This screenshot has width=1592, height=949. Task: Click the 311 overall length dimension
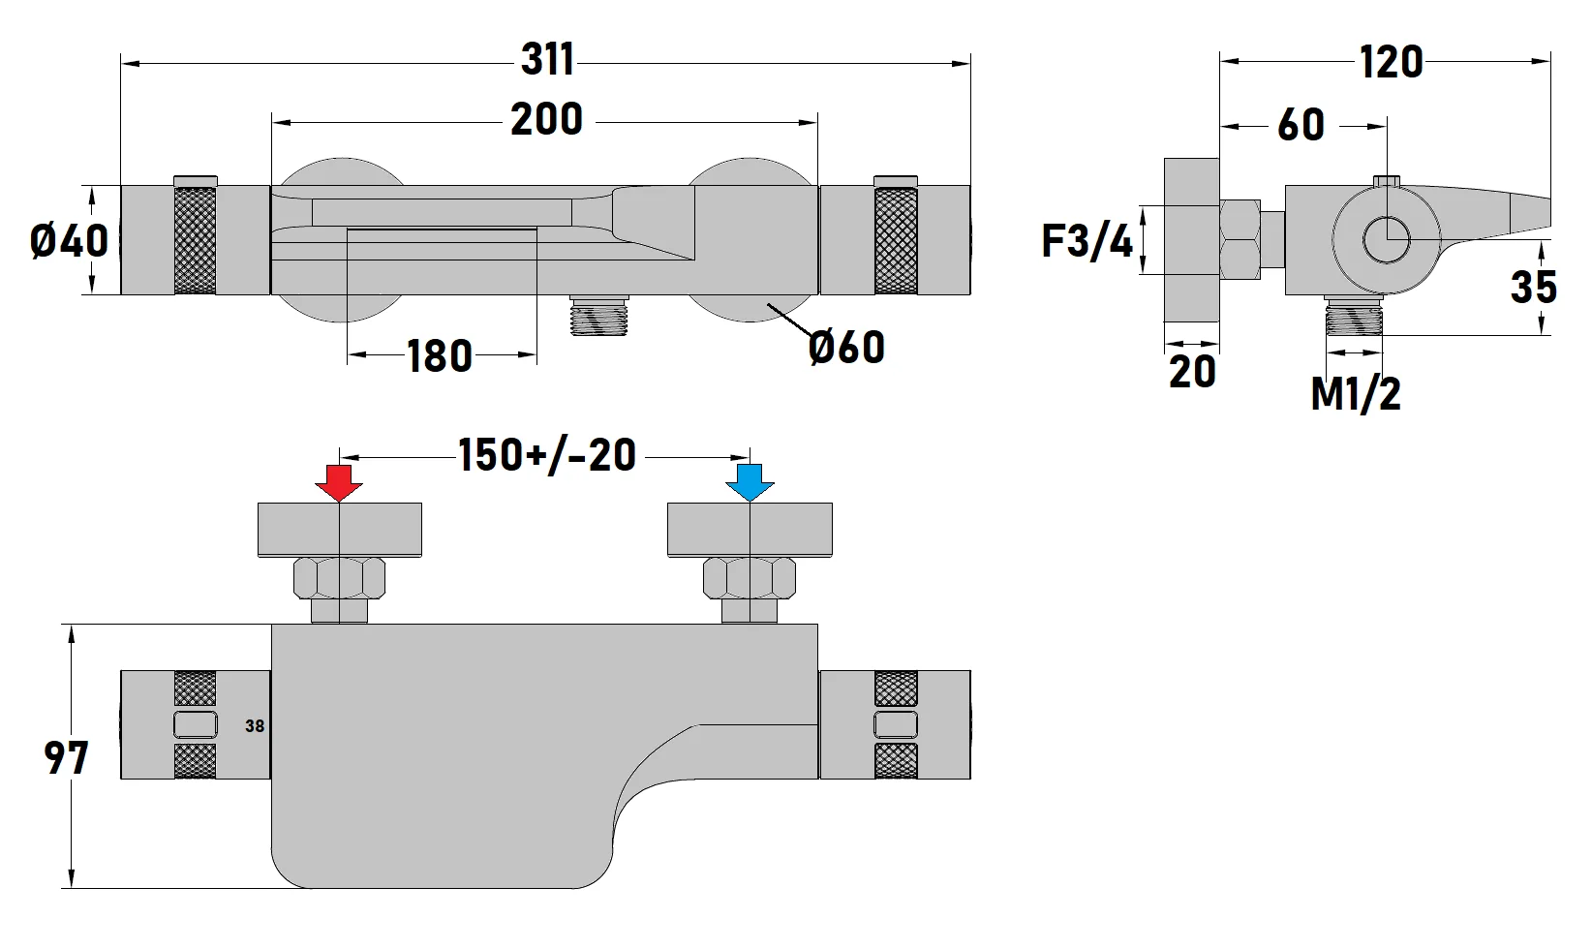click(548, 60)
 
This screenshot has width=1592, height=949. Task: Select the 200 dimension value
click(547, 120)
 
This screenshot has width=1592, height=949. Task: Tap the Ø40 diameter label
click(69, 239)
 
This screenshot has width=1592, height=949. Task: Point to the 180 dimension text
click(440, 356)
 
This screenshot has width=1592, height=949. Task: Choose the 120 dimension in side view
click(1391, 63)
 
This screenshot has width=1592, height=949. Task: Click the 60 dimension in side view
click(1301, 125)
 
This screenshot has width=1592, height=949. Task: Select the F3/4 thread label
click(1087, 241)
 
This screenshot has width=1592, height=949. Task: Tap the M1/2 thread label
click(1356, 394)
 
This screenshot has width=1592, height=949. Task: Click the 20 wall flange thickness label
click(1192, 372)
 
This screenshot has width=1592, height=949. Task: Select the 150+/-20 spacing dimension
click(547, 455)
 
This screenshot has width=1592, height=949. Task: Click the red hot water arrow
click(339, 482)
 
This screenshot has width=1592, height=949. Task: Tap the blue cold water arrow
click(750, 482)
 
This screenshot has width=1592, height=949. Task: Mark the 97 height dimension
click(66, 758)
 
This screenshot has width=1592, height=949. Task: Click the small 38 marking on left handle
click(255, 725)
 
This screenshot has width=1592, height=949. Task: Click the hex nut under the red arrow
click(339, 578)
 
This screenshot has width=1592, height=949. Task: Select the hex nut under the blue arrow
click(750, 578)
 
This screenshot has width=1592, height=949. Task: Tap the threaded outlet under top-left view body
click(600, 316)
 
